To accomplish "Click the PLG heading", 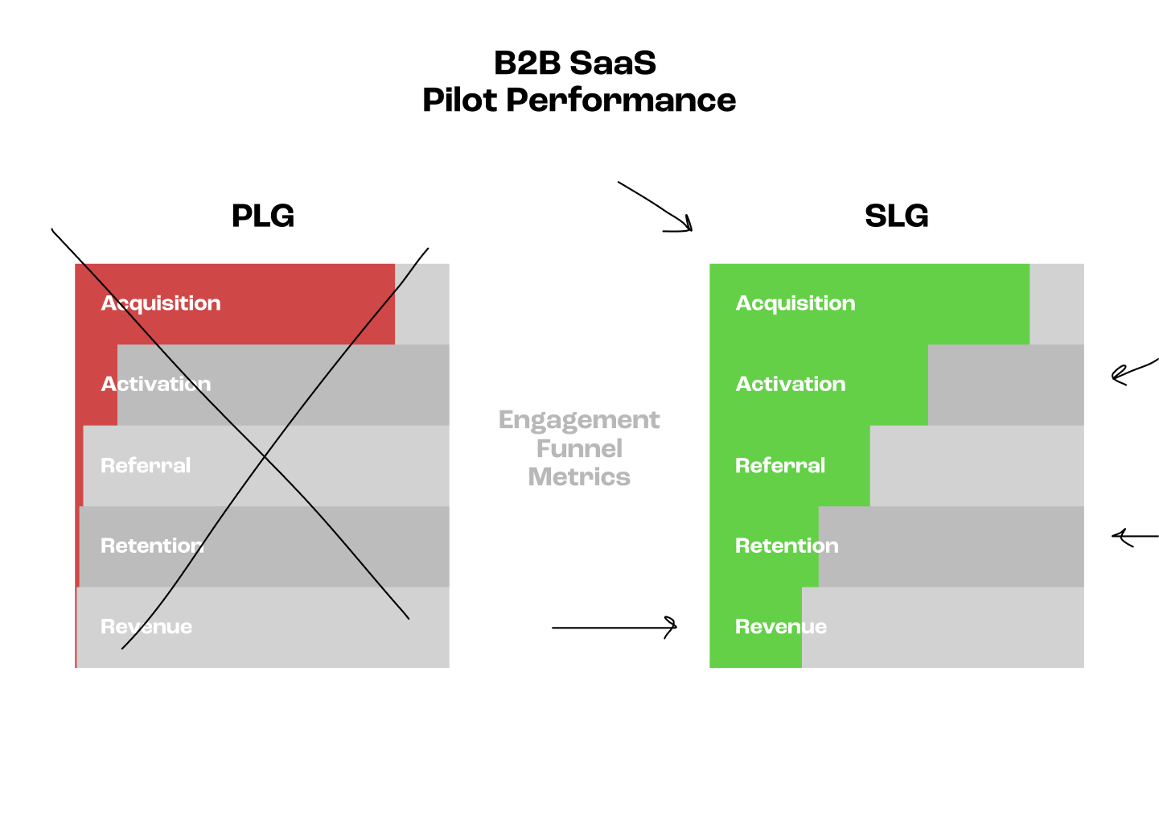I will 262,216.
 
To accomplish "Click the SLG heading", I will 896,216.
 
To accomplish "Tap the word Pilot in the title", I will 459,101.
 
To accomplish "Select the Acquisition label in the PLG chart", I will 161,303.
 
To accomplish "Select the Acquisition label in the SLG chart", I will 795,303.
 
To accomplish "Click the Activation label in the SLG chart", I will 790,384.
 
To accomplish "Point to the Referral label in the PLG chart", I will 146,465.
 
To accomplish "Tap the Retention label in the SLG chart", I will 786,546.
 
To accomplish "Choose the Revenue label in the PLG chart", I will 146,627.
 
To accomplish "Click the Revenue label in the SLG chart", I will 780,627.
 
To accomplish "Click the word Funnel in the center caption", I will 579,448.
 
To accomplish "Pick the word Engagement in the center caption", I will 579,420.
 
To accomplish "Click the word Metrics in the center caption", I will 579,477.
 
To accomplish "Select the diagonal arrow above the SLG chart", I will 656,207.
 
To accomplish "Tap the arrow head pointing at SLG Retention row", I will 1118,536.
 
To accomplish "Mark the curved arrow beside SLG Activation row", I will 1132,371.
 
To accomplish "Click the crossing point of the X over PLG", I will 265,457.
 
